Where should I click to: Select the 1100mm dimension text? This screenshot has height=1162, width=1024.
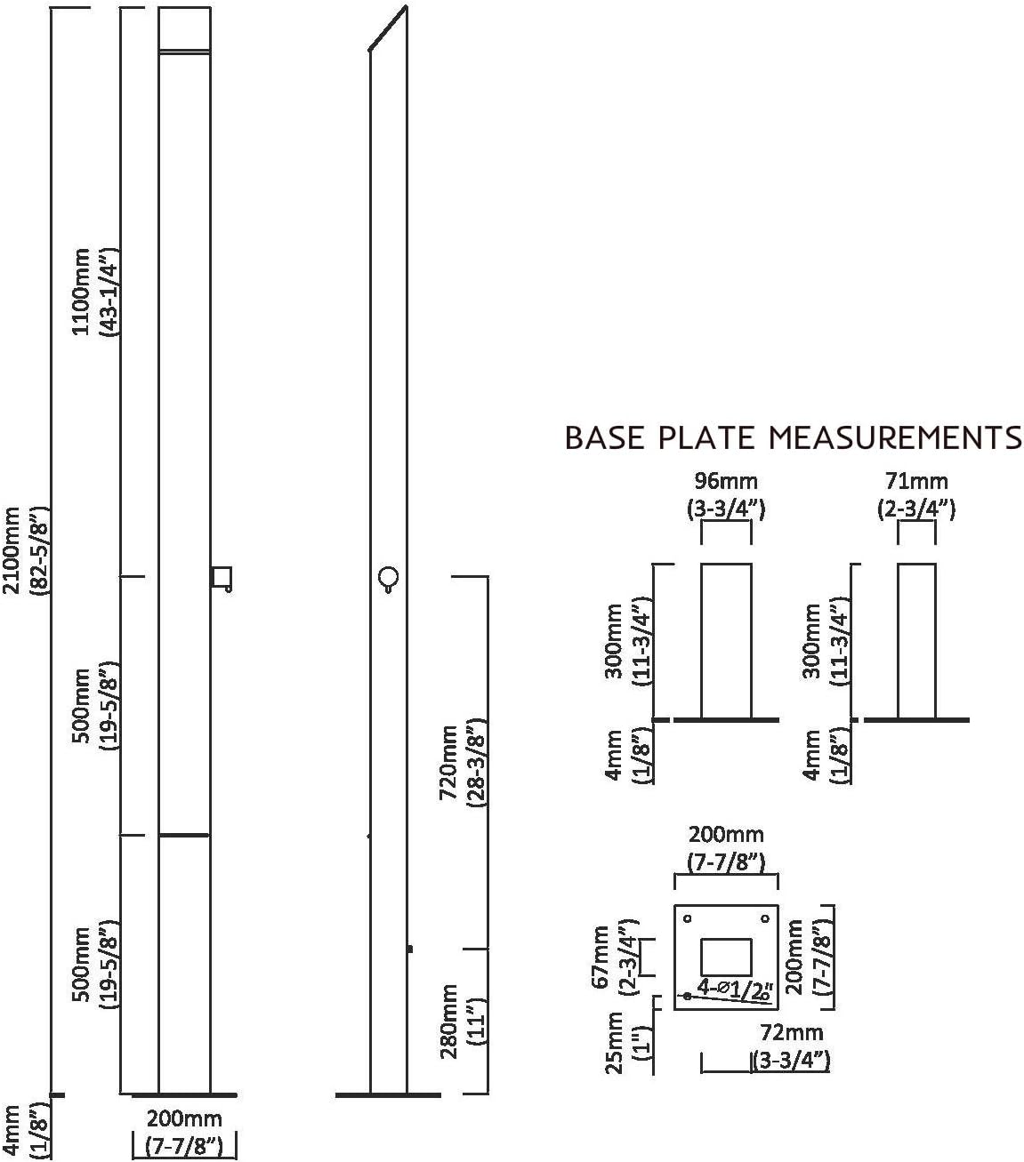click(81, 291)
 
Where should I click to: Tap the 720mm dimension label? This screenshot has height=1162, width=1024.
click(450, 761)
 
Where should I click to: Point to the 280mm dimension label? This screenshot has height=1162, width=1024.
click(450, 1022)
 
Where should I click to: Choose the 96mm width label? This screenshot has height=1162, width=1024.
click(725, 482)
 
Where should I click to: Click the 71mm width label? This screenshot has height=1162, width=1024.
click(916, 482)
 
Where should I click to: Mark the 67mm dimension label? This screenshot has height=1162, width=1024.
click(602, 957)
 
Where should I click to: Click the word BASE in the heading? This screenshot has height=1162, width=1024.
click(603, 438)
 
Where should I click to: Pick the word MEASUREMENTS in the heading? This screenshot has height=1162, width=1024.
click(895, 438)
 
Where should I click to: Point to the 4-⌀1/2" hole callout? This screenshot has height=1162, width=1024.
click(734, 989)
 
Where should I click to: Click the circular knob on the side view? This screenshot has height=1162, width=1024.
click(388, 578)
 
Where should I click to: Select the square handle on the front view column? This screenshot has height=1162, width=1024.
click(222, 577)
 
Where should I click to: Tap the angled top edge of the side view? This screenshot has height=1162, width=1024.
click(389, 28)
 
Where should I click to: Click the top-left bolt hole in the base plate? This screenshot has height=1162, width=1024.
click(687, 918)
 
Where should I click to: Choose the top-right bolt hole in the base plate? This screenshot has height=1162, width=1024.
click(764, 918)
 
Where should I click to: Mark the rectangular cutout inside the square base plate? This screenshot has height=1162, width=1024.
click(726, 956)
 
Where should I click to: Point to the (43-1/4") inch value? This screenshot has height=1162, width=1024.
click(111, 291)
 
